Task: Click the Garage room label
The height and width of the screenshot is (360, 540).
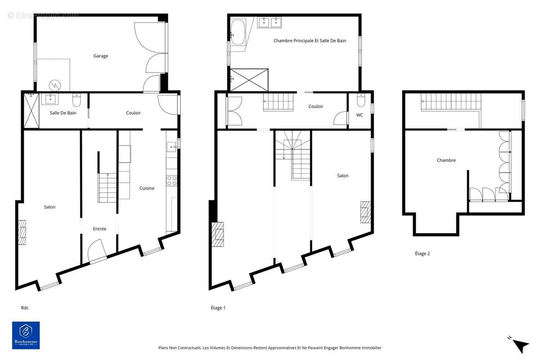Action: coord(100,56)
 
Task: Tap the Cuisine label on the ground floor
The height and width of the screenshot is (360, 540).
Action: coord(147,188)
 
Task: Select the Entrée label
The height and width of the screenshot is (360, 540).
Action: coord(99,229)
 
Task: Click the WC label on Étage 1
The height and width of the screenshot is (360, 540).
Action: coord(360,115)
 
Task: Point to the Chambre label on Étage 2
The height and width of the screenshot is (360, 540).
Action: coord(446,160)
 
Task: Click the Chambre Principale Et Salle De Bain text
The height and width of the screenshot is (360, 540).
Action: coord(310,41)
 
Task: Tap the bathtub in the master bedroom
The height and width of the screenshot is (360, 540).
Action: coord(238,32)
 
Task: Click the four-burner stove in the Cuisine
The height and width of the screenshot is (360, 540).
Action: coord(171,181)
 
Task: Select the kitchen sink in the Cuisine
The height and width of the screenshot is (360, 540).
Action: coord(171,147)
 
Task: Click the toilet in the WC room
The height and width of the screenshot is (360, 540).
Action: coord(361,100)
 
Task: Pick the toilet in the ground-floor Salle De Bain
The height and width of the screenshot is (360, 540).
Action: coord(76,100)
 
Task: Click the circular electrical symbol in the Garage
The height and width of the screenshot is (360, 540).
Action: coord(55,85)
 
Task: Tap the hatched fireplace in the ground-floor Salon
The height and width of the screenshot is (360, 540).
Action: coord(22,232)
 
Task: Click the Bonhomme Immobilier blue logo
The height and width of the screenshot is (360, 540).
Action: coord(26,335)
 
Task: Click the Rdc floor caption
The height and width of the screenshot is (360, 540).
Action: coord(25,308)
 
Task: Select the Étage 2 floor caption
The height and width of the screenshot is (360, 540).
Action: coord(422,253)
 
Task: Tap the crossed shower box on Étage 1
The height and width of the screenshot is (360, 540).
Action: coord(249,80)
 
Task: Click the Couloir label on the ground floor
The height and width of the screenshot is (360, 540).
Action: coord(133,113)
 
